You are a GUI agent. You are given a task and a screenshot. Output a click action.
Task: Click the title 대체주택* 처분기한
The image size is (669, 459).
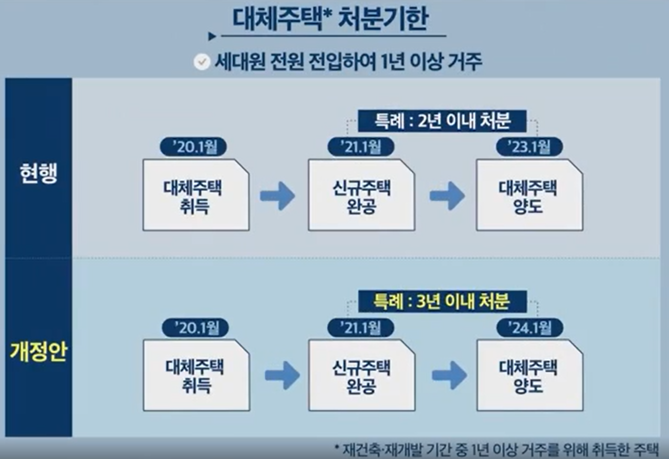[x=330, y=19]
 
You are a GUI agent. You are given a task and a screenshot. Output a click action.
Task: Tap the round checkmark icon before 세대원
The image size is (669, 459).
[x=202, y=62]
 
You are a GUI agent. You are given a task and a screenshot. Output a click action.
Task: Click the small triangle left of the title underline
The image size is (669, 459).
[x=212, y=37]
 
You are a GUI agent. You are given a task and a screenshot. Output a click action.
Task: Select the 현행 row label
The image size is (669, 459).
[x=39, y=173]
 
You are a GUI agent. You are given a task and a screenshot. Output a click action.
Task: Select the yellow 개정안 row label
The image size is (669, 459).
[x=38, y=352]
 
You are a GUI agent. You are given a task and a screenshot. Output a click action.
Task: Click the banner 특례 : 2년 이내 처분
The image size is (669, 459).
[x=443, y=121]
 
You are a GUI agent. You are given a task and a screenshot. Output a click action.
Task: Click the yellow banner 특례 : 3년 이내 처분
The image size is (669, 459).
[x=443, y=302]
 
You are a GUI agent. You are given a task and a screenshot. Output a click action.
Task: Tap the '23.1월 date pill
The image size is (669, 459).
[x=530, y=147]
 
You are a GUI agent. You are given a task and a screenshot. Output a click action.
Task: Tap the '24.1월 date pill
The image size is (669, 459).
[x=530, y=328]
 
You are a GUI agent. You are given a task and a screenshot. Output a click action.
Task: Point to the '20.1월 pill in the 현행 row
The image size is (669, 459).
[x=193, y=147]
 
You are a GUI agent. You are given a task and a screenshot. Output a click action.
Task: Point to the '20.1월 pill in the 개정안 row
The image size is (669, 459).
[x=196, y=328]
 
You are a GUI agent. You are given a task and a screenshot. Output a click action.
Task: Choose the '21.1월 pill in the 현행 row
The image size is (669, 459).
[x=361, y=147]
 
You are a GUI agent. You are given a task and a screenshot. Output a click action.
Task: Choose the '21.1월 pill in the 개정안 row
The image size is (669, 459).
[x=361, y=328]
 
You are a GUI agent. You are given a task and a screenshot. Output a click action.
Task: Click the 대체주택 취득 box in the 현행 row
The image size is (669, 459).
[x=196, y=195]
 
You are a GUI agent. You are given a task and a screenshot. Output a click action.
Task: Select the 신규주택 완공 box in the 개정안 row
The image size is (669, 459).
[x=362, y=376]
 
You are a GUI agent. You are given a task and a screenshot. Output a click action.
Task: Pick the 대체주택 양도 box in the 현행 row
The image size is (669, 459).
[x=530, y=195]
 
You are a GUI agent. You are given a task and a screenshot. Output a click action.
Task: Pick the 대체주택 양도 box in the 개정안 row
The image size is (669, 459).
[x=530, y=376]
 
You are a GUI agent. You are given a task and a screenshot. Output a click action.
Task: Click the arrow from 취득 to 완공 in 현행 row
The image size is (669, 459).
[x=278, y=196]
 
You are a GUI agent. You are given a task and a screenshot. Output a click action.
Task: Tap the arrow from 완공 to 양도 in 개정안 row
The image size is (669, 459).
[x=450, y=376]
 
